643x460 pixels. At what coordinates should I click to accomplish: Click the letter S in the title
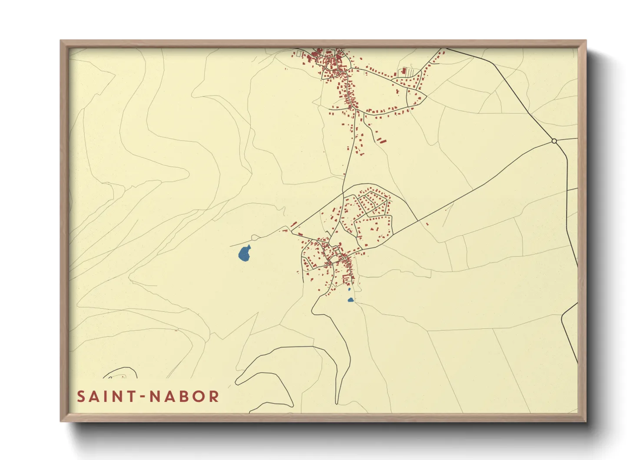tap(81, 397)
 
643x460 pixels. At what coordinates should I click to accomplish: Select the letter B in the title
tap(184, 397)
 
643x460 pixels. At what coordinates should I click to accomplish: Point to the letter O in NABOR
tap(199, 397)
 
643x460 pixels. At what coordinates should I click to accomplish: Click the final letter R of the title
tap(214, 397)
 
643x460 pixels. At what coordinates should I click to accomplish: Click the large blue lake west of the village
tap(244, 253)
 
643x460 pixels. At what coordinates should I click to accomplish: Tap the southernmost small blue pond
tap(351, 300)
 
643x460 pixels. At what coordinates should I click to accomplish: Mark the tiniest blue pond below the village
tap(349, 289)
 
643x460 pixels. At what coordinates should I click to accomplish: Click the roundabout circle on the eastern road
tap(554, 141)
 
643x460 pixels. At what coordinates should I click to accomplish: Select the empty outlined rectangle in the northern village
tap(299, 53)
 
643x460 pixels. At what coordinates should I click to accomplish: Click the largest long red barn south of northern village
tap(381, 140)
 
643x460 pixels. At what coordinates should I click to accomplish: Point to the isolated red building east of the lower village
tap(428, 224)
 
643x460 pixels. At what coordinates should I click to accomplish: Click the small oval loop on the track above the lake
tap(255, 237)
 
